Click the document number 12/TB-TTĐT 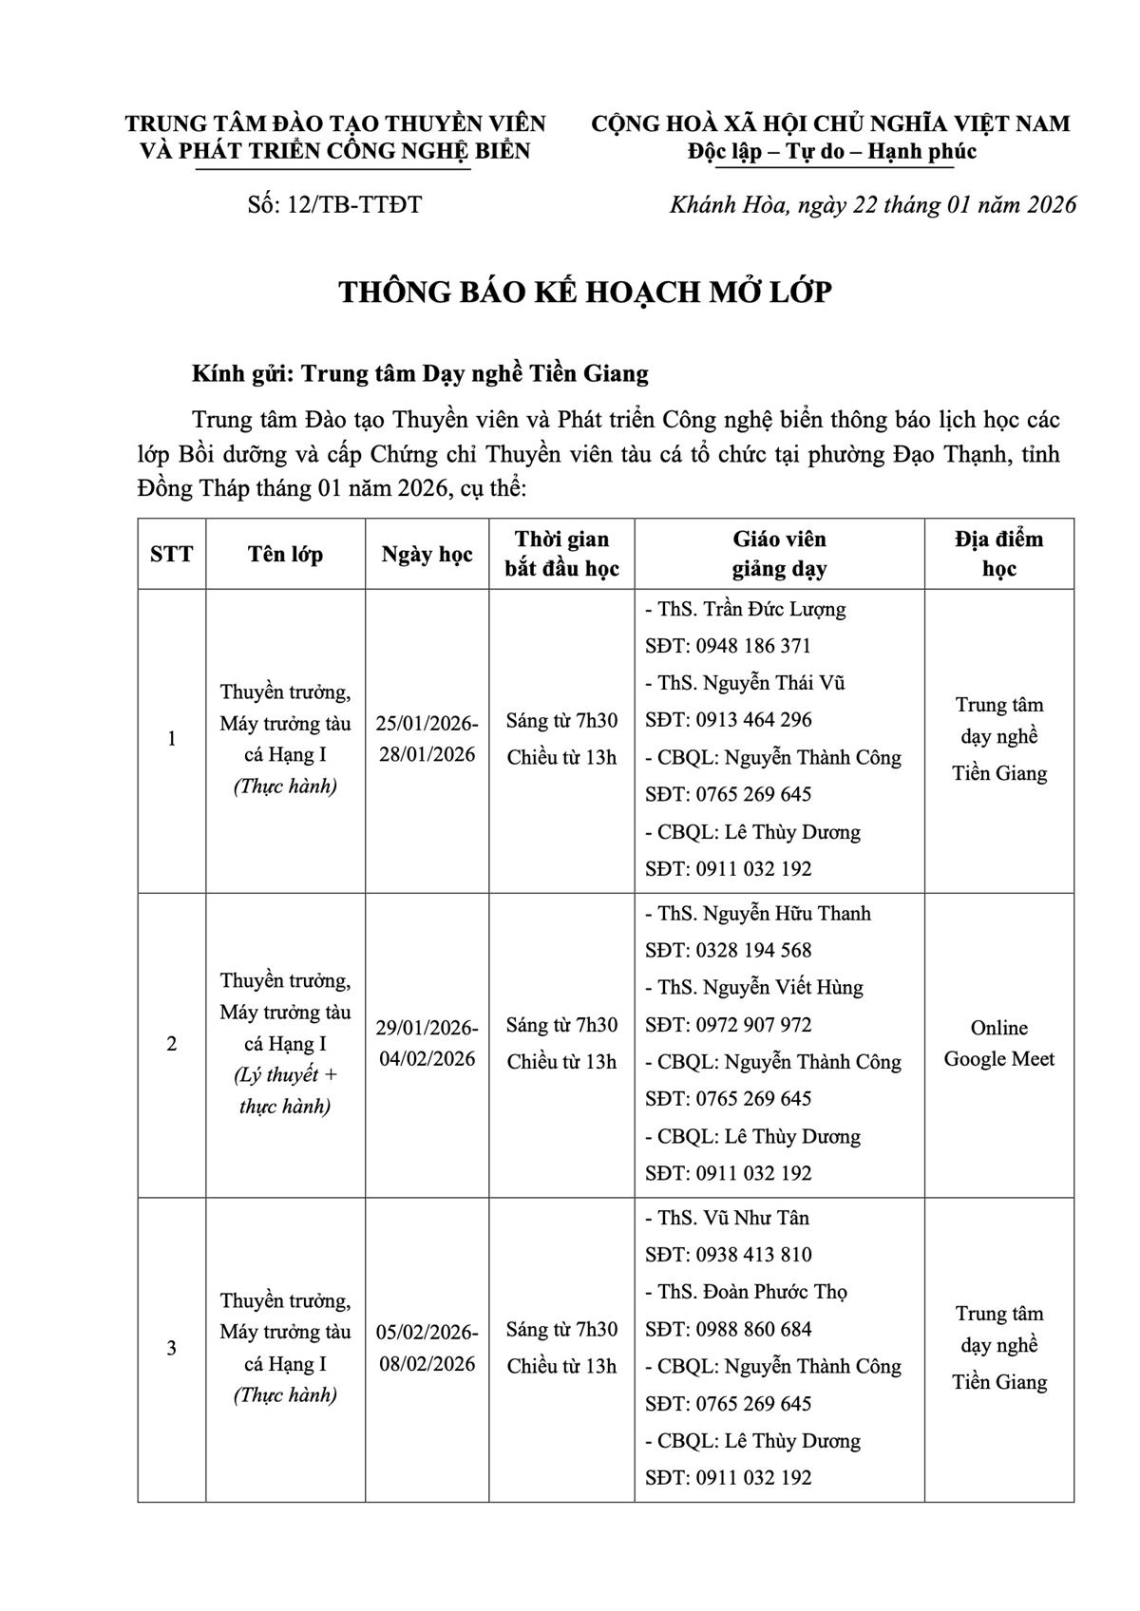coord(334,205)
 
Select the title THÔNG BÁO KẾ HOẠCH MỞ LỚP coord(585,293)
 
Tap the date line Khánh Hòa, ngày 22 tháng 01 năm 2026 coord(873,205)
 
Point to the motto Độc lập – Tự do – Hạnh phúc coord(832,152)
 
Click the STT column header coord(172,554)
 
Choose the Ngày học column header coord(427,554)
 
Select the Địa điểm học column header coord(998,554)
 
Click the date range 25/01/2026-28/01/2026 coord(427,739)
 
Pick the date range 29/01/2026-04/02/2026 coord(427,1043)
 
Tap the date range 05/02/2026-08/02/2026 coord(427,1347)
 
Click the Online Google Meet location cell coord(998,1043)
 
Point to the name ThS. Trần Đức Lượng coord(746,609)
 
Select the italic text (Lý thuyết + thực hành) coord(285,1090)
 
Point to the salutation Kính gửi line coord(420,373)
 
